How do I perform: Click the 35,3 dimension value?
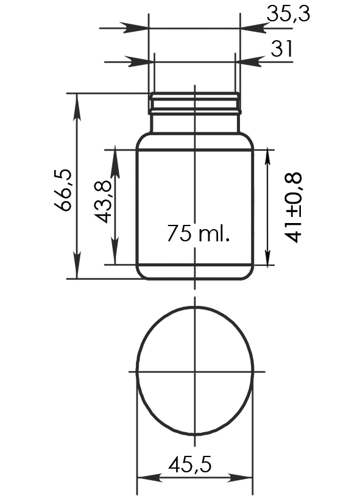(288, 13)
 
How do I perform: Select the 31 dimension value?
(281, 48)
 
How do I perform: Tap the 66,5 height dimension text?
(63, 189)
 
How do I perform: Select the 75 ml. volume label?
(199, 233)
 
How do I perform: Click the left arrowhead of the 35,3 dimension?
(139, 28)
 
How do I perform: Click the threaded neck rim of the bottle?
(194, 104)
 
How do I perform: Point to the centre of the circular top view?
(194, 371)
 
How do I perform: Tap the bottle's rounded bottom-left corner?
(141, 273)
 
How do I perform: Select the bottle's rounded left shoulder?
(141, 140)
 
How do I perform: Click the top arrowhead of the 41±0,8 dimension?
(268, 158)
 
